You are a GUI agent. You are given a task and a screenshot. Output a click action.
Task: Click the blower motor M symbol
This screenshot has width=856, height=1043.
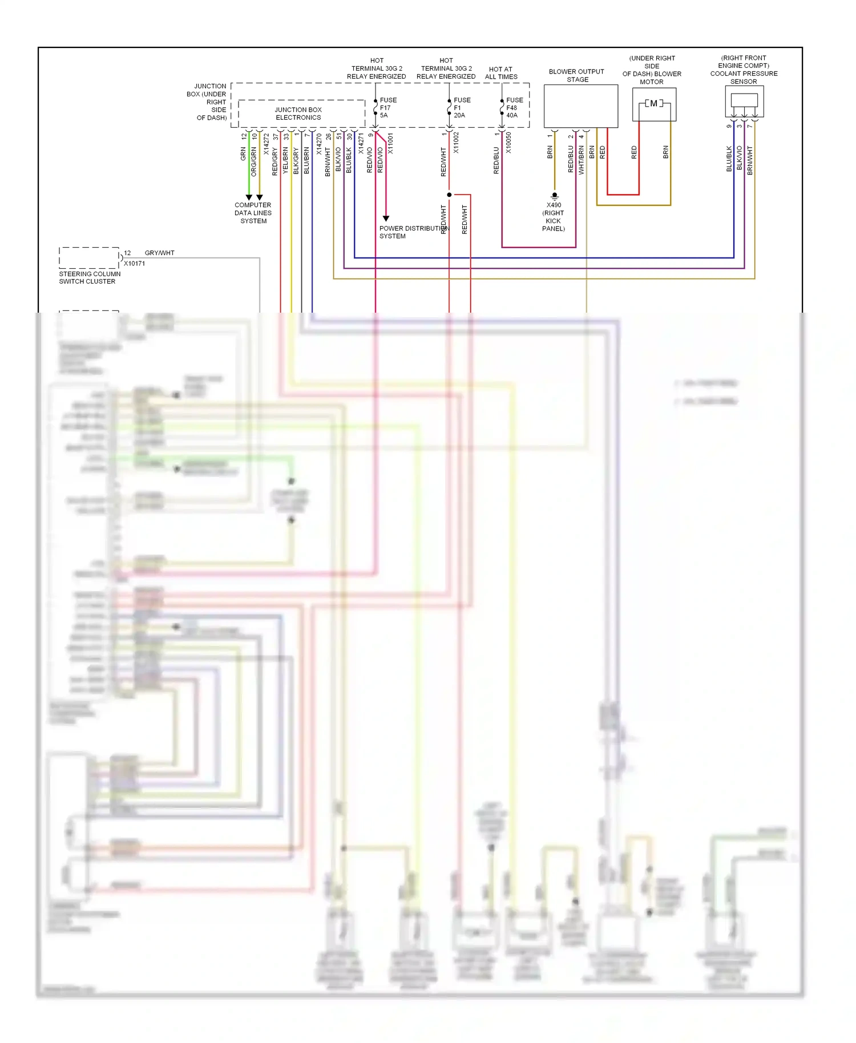pos(654,103)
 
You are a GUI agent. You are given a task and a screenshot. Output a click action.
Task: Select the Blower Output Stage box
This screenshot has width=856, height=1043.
pos(580,106)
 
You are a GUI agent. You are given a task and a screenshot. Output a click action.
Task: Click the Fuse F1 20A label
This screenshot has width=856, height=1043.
pos(462,107)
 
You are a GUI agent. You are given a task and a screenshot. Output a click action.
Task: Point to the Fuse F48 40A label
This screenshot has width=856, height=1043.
pos(514,107)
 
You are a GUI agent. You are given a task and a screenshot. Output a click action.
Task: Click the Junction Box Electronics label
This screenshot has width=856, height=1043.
pos(298,114)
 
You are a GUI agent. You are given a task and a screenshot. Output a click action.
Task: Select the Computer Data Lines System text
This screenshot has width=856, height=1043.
pos(253,213)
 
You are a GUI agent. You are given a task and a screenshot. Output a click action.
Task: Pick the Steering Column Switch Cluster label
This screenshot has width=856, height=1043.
pos(90,277)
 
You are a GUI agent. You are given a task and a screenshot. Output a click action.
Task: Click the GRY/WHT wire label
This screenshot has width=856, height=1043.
pos(159,253)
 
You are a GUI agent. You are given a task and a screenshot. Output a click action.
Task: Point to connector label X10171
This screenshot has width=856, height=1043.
pos(134,264)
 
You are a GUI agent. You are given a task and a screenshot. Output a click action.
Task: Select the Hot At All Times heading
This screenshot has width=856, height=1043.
pos(501,73)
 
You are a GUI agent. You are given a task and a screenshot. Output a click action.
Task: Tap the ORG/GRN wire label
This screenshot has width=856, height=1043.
pos(254,161)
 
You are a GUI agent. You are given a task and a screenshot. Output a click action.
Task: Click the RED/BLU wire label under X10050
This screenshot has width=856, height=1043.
pos(496,160)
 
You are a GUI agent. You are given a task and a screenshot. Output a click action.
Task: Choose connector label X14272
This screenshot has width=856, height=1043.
pos(266,144)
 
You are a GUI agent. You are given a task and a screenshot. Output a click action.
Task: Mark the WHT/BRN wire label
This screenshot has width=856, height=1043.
pos(581,160)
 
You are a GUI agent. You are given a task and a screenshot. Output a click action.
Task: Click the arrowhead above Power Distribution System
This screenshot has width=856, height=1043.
pos(386,219)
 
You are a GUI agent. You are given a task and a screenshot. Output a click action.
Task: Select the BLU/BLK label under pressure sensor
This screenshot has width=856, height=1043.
pos(729,159)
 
